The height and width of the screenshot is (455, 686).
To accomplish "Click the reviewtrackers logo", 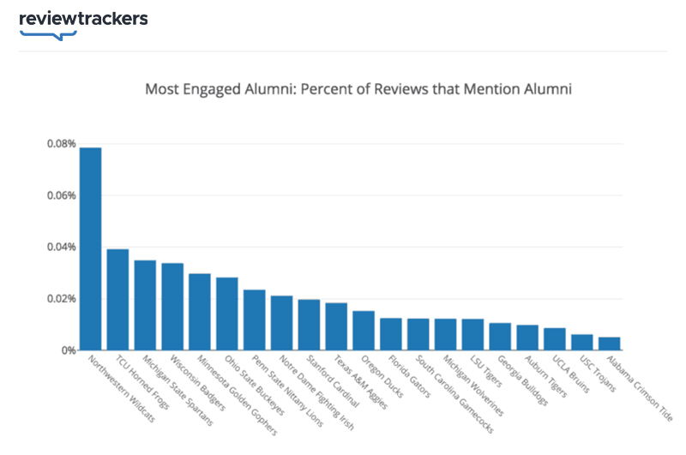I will [83, 20].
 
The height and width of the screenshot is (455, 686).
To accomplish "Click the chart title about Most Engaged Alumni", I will [358, 88].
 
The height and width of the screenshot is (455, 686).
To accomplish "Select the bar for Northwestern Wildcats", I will [91, 248].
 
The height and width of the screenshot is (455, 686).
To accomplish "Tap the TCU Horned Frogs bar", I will [117, 299].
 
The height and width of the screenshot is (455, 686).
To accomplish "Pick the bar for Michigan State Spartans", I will [145, 305].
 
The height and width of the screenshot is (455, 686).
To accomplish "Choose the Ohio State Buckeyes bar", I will [227, 314].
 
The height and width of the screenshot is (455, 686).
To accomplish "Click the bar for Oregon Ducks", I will [364, 331].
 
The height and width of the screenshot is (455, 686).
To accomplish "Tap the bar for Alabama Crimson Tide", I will [610, 344].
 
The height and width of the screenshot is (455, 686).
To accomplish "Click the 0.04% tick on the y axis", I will [62, 248].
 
